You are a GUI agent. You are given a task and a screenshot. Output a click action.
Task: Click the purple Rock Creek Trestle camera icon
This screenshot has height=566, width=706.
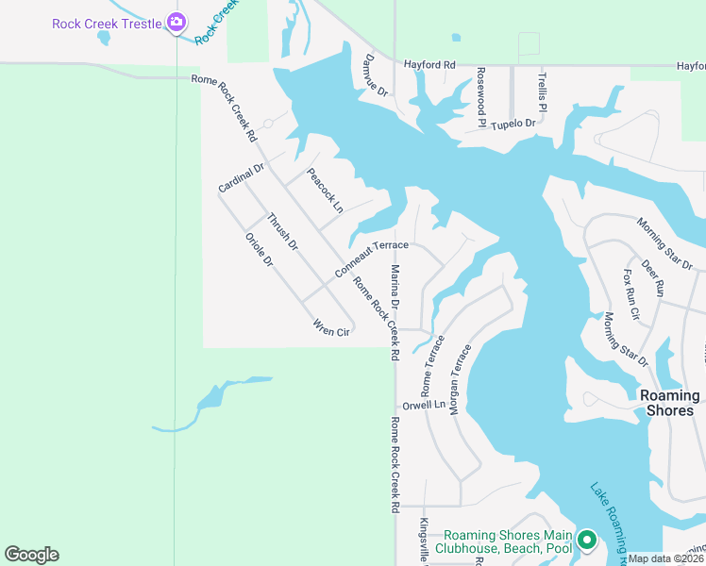(x=175, y=22)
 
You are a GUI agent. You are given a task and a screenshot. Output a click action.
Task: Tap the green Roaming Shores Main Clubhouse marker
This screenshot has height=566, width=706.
(x=586, y=541)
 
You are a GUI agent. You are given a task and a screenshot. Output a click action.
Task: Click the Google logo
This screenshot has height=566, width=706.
(x=31, y=555)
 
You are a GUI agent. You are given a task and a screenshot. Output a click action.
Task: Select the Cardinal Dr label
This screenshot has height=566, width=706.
(x=242, y=177)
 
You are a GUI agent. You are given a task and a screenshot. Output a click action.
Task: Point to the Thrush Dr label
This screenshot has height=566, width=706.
(x=281, y=232)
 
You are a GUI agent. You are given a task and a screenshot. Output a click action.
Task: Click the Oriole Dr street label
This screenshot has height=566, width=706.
(x=259, y=248)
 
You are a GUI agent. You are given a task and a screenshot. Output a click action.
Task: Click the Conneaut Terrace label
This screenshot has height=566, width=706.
(x=371, y=259)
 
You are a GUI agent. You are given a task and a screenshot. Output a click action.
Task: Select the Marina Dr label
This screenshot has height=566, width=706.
(x=395, y=288)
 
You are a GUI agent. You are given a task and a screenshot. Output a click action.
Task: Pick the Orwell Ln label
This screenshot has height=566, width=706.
(x=423, y=405)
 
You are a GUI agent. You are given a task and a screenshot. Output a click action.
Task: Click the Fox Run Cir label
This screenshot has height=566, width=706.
(x=631, y=293)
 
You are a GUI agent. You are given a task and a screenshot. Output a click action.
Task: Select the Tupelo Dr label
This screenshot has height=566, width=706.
(x=513, y=124)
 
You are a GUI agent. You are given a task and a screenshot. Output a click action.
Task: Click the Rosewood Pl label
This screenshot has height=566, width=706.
(x=480, y=96)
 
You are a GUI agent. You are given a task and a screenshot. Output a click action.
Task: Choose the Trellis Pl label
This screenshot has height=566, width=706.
(x=542, y=91)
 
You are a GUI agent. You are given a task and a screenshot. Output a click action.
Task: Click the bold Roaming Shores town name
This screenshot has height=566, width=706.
(x=668, y=403)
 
